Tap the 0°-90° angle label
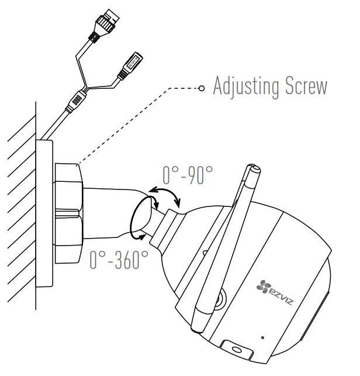coord(187,174)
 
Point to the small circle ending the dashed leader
coord(202,89)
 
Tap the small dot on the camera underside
coord(262,338)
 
